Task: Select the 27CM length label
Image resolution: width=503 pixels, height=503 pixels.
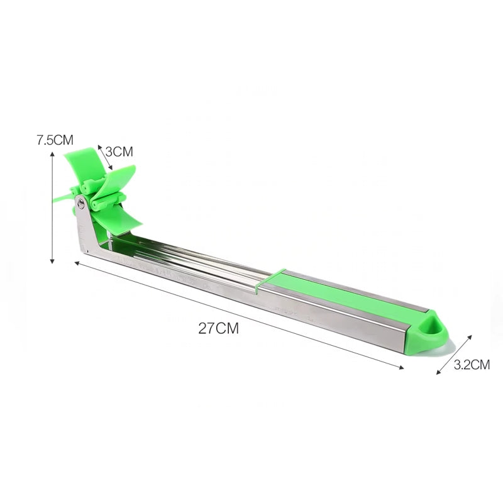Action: click(x=218, y=328)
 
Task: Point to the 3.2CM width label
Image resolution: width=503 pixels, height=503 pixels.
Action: click(x=472, y=364)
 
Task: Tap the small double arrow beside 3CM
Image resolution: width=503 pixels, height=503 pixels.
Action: click(x=104, y=158)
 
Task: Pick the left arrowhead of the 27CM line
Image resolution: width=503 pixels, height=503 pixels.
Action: click(x=77, y=265)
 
